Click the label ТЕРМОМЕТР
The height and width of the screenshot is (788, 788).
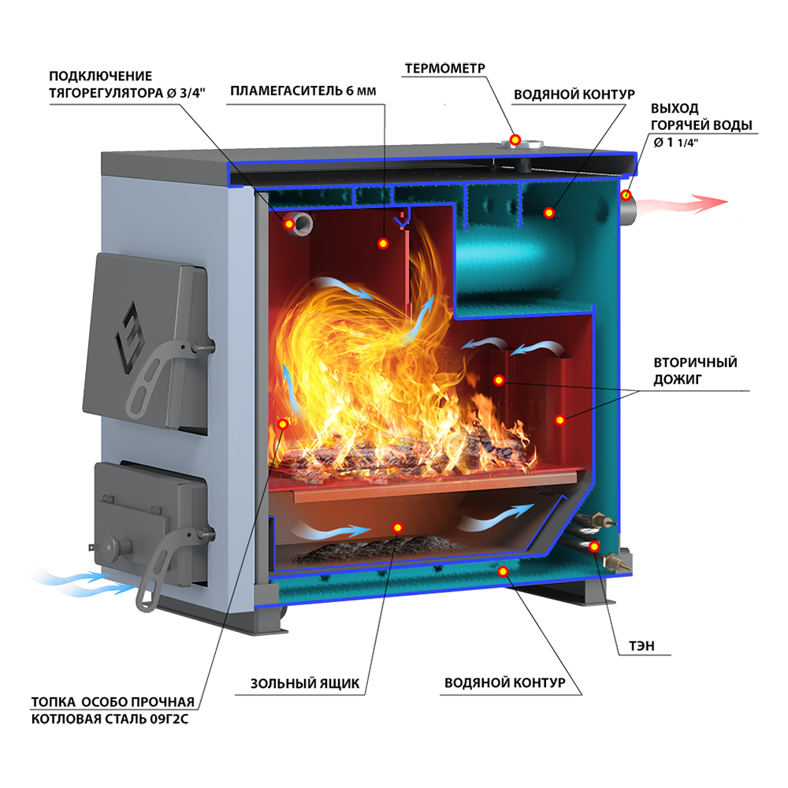[x=444, y=69]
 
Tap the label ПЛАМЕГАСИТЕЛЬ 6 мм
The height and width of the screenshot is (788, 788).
[x=303, y=91]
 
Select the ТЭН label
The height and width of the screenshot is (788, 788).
[x=641, y=646]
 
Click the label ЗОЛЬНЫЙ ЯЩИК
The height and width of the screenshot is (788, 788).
[x=305, y=683]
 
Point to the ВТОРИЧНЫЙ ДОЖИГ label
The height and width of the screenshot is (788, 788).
[x=695, y=371]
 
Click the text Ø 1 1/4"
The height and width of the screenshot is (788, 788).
[x=676, y=143]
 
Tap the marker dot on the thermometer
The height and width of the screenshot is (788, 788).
[x=515, y=139]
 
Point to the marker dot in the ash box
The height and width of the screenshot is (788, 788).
[x=397, y=528]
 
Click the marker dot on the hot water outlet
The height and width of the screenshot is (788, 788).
[x=626, y=195]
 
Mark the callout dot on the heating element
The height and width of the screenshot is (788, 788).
[x=594, y=546]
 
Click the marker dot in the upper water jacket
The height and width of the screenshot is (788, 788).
[x=548, y=213]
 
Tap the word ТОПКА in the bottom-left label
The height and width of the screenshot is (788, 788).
[x=54, y=702]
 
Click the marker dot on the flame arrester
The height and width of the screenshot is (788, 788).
[x=384, y=243]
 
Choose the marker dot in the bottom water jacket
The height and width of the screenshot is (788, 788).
[x=503, y=571]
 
